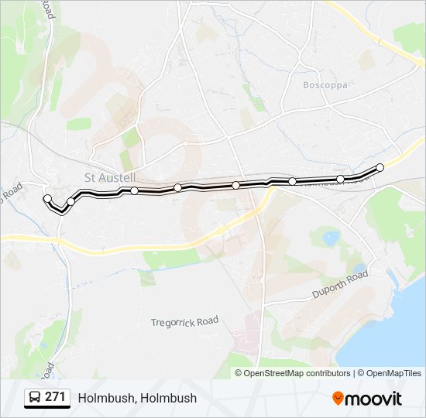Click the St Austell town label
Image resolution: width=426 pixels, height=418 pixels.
110,177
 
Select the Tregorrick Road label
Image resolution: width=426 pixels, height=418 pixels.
185,321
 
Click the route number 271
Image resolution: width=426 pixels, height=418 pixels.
55,397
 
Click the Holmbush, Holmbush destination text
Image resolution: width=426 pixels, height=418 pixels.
137,398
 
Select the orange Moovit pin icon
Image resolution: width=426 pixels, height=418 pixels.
338,399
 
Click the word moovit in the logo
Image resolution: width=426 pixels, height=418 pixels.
374,399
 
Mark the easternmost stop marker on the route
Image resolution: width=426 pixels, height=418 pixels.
380,167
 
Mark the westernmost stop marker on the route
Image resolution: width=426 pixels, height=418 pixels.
47,199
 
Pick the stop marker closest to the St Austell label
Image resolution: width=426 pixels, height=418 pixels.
134,190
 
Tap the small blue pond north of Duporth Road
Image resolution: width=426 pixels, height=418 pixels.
331,237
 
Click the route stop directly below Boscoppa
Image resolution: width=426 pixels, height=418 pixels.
293,181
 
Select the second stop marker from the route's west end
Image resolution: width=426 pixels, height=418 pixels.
70,202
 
